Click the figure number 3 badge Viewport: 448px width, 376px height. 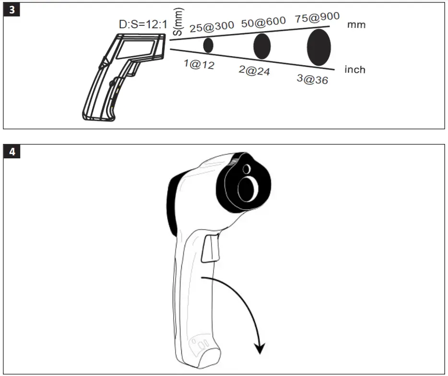12,10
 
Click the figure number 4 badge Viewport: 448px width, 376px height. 12,152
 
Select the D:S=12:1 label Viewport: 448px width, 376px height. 143,24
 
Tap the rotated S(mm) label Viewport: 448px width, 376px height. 178,22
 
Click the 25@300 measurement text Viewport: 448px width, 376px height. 212,27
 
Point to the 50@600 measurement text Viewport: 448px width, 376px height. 263,22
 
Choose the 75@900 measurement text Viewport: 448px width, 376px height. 317,17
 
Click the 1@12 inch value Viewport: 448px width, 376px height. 199,64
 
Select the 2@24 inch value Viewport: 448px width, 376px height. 254,70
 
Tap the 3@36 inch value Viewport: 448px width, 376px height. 312,79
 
